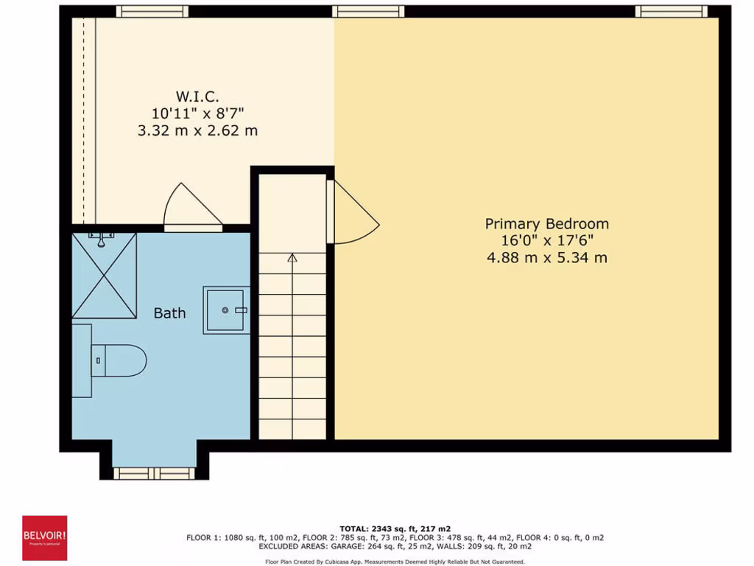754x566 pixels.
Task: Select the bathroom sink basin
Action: coord(227,310)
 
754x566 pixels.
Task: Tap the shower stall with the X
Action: coord(104,276)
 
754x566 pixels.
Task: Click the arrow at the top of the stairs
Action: coord(292,259)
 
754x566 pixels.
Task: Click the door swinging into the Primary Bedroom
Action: coord(354,215)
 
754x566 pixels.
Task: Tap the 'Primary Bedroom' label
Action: coord(546,223)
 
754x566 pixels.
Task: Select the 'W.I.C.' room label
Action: coord(197,97)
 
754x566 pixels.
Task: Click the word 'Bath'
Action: coord(169,313)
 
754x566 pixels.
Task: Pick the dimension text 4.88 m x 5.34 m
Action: coord(546,257)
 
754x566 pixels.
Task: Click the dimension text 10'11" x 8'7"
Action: coord(198,113)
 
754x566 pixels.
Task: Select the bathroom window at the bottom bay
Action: coord(154,472)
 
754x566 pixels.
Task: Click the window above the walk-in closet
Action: coord(152,11)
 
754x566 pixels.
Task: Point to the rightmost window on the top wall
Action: coord(671,11)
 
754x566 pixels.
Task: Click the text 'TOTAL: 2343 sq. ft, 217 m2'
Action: coord(395,528)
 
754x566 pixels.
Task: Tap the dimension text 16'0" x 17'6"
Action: coord(546,240)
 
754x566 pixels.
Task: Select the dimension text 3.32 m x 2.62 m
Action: coord(198,130)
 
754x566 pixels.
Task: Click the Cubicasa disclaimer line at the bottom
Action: coord(395,562)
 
